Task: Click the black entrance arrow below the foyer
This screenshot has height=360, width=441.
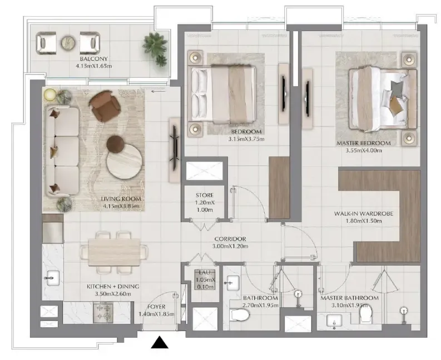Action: [x=160, y=343]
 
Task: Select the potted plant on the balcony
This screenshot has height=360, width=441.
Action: [x=155, y=49]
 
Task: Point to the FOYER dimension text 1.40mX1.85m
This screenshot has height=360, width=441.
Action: [x=156, y=314]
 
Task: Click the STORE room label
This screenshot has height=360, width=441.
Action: [x=205, y=196]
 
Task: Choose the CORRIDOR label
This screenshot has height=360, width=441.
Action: [x=231, y=239]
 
